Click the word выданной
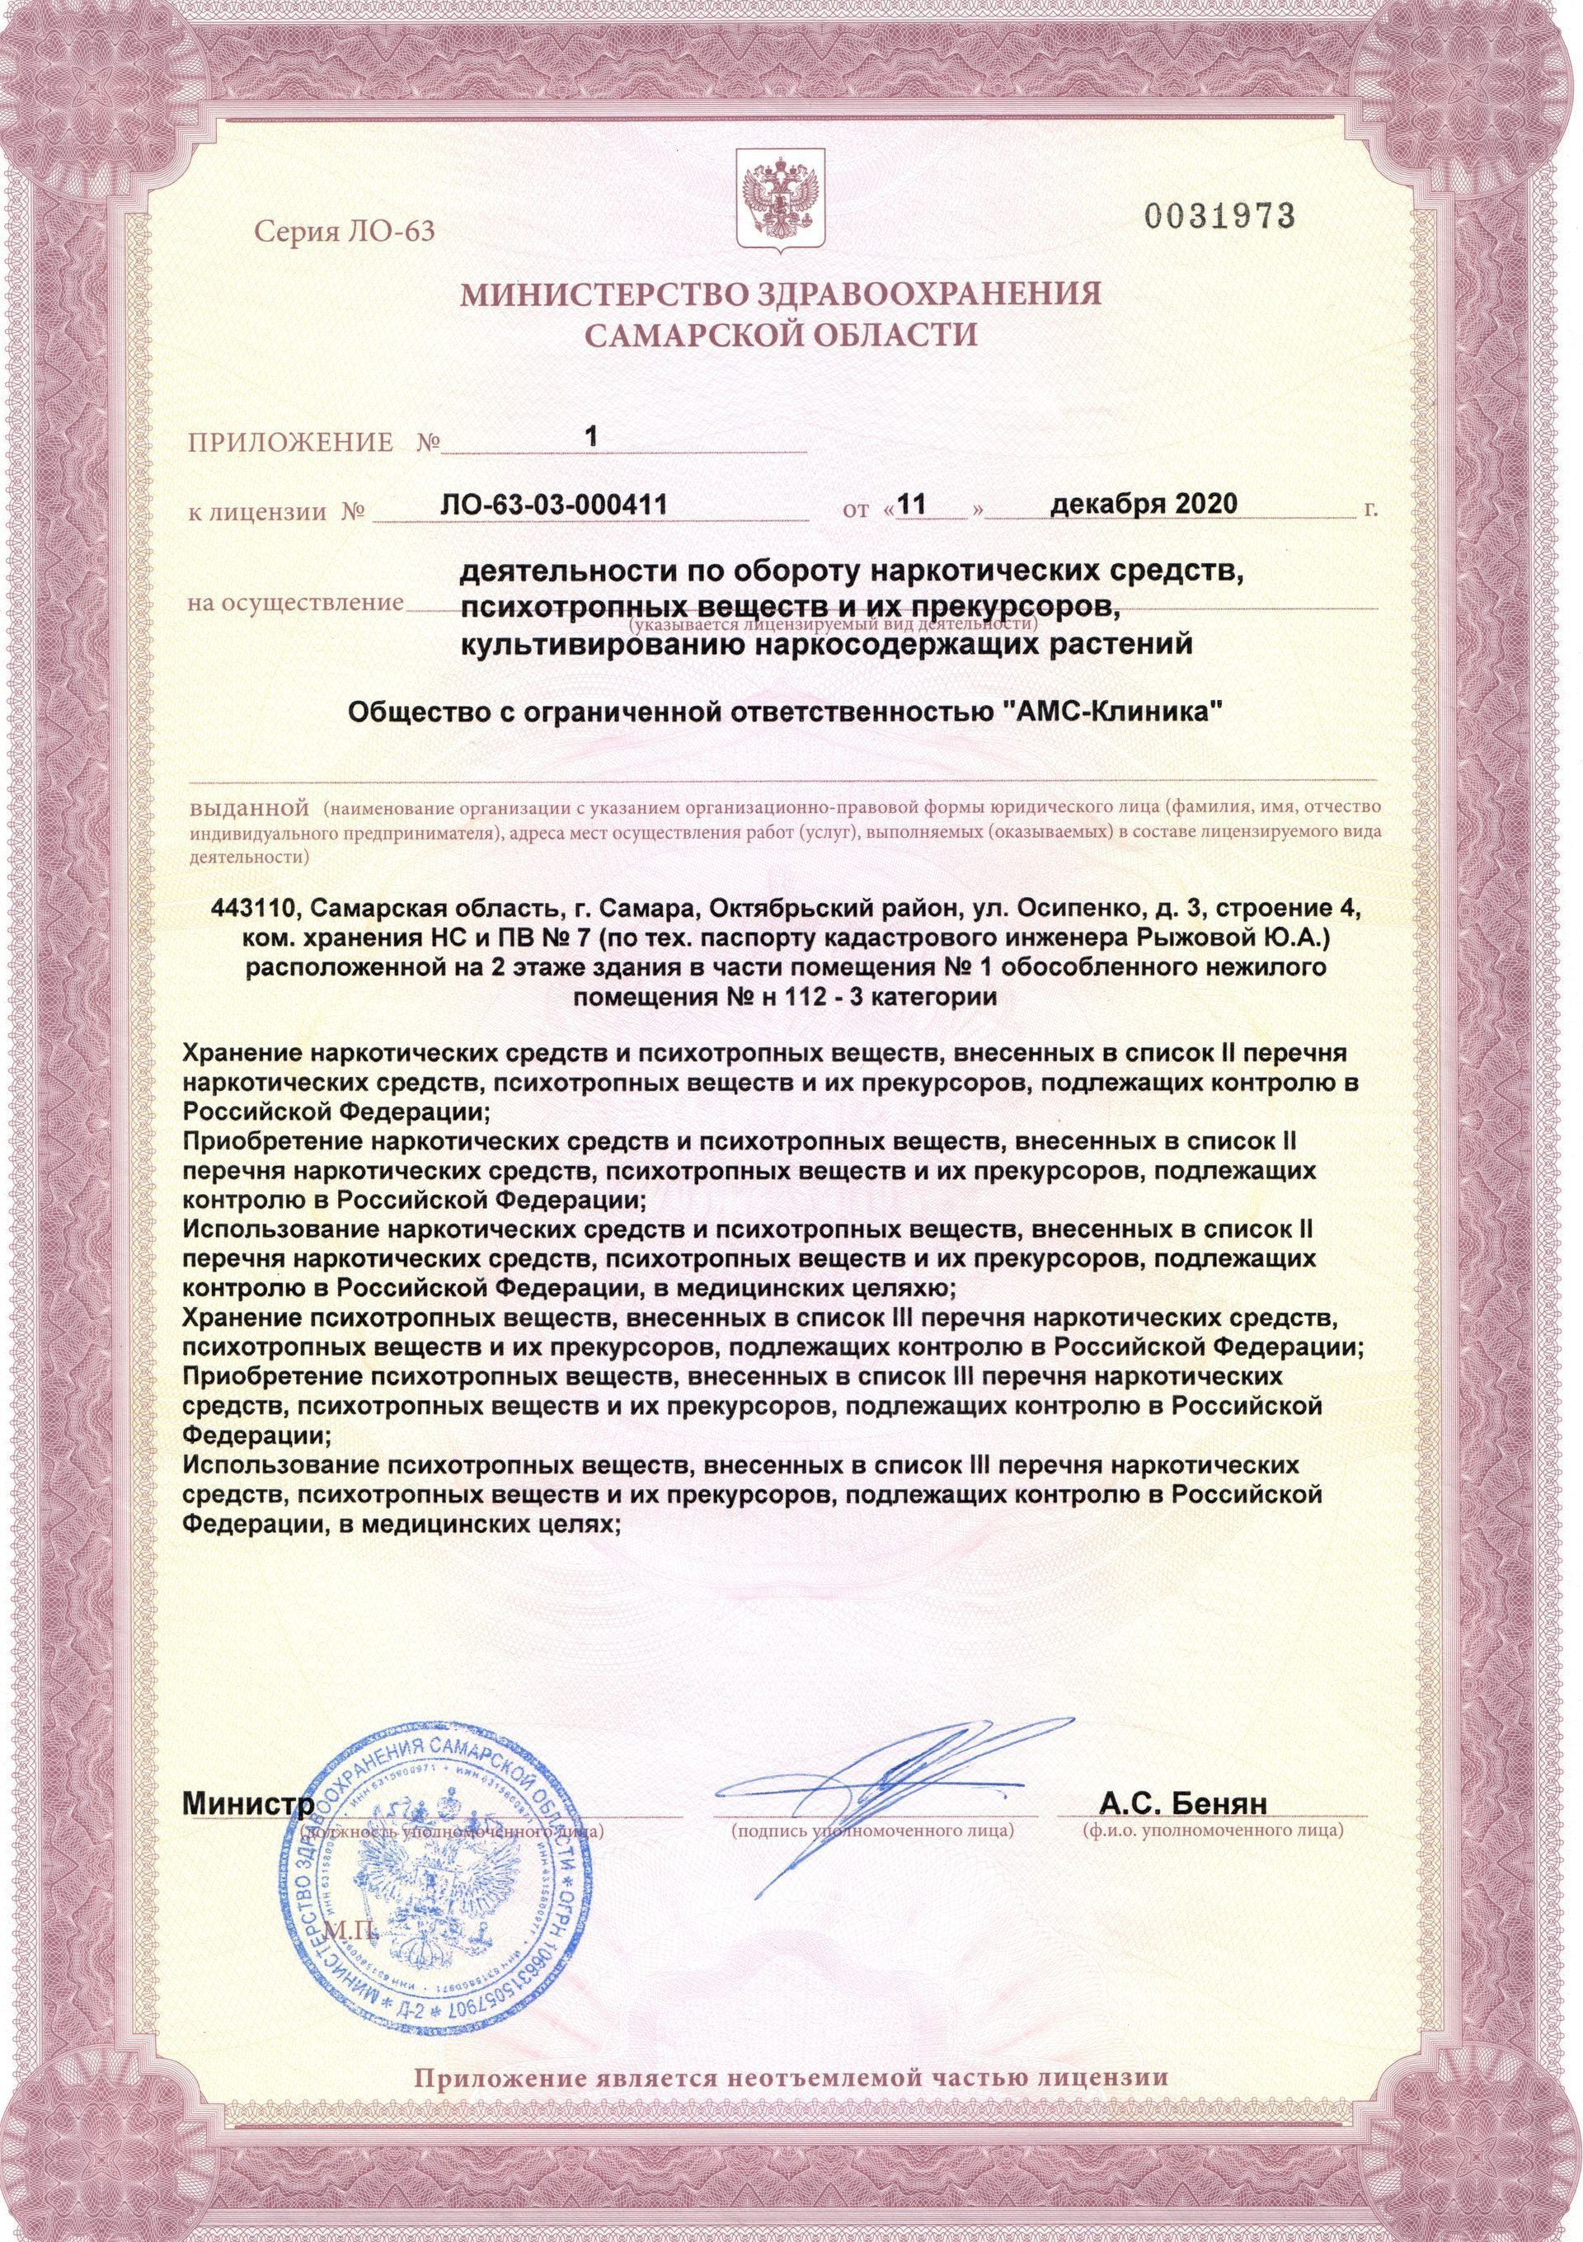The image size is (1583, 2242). pos(247,809)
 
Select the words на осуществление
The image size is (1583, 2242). pos(295,603)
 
